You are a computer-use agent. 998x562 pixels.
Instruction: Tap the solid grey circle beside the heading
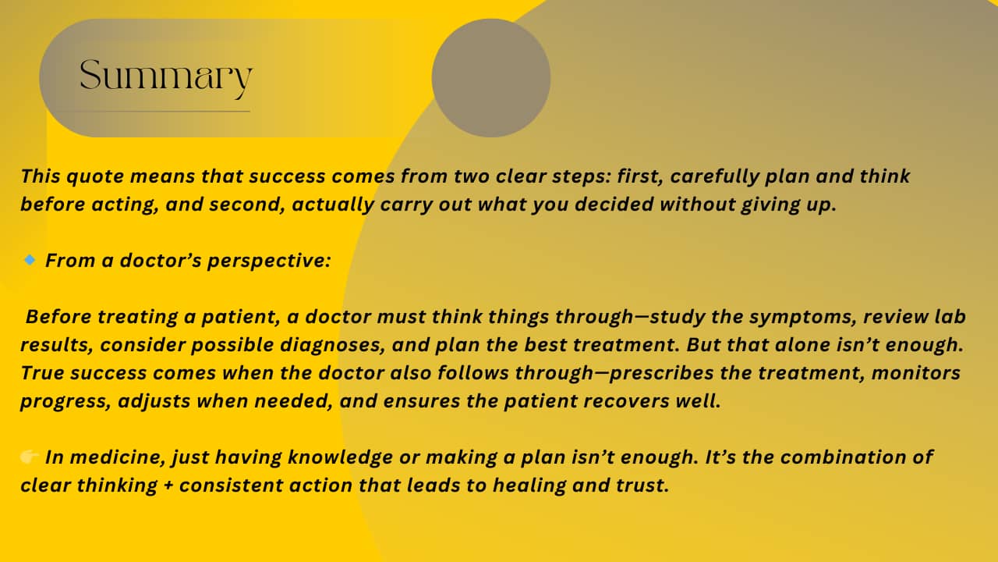click(x=491, y=77)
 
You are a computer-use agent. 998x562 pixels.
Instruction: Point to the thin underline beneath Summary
click(x=148, y=111)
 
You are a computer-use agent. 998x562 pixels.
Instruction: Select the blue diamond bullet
click(x=30, y=260)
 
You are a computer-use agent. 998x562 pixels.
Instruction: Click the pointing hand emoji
click(x=30, y=457)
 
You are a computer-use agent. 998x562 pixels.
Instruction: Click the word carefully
click(x=715, y=176)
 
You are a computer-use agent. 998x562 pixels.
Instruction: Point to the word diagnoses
click(x=332, y=345)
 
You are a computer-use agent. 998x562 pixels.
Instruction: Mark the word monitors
click(x=916, y=373)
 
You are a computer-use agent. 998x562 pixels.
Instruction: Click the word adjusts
click(x=154, y=401)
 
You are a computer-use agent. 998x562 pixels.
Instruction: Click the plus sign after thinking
click(x=168, y=486)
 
